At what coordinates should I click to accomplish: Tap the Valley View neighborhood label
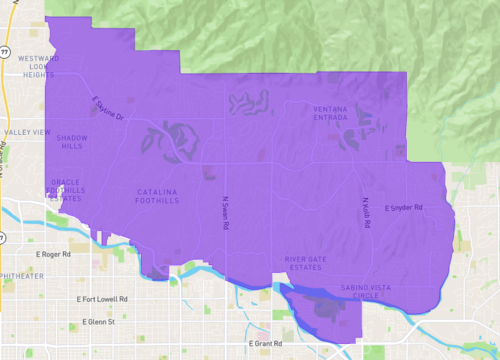click(27, 132)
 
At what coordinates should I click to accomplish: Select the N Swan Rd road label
click(227, 212)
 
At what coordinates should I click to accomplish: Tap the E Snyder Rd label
click(404, 208)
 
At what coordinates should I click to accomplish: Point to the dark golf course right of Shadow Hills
click(165, 139)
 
